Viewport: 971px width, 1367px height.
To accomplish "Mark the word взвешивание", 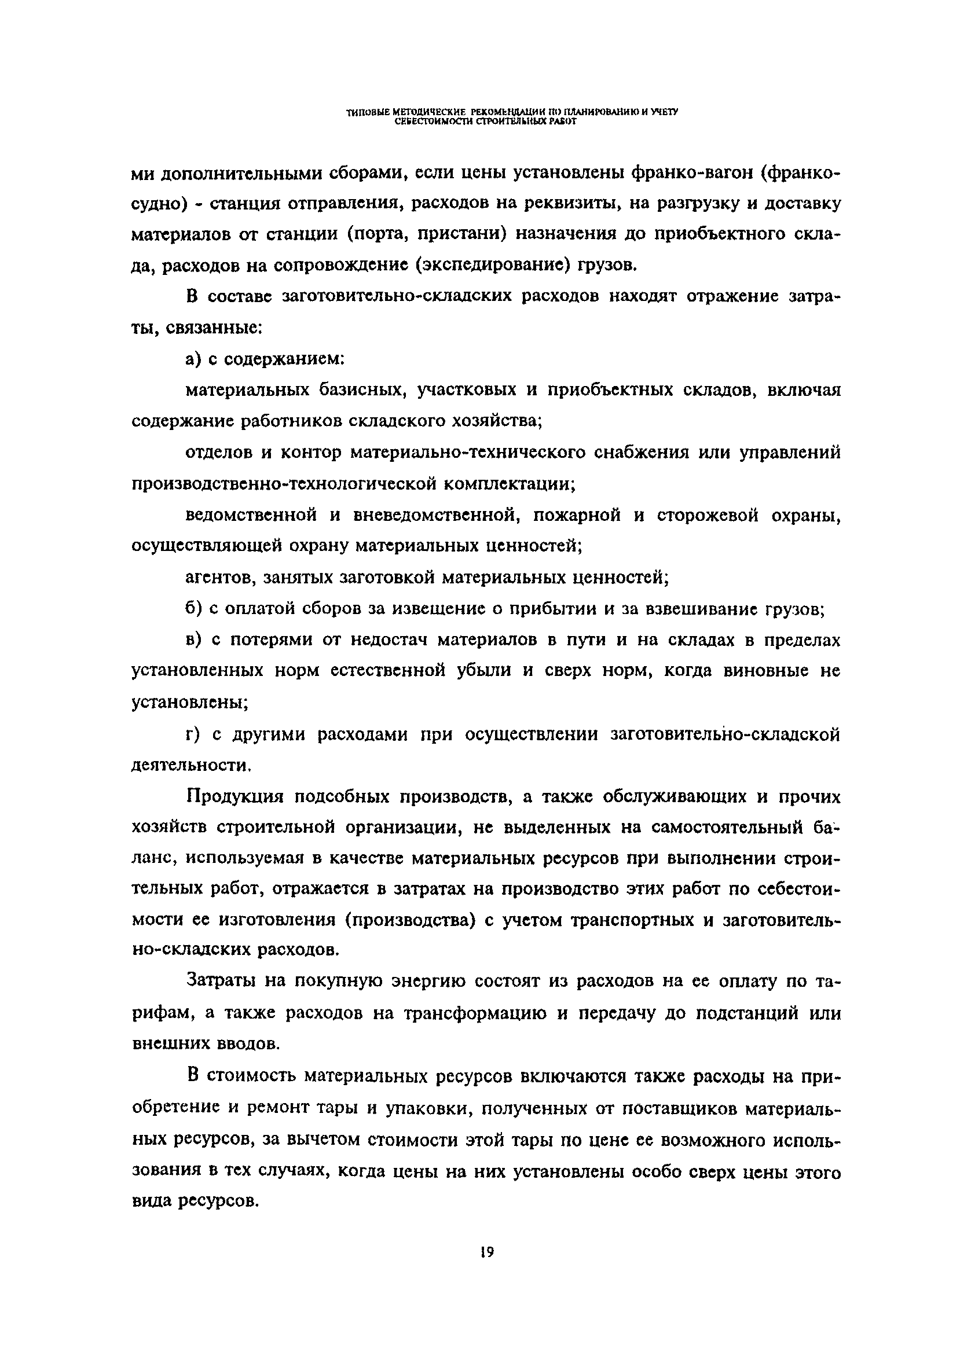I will click(x=702, y=609).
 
